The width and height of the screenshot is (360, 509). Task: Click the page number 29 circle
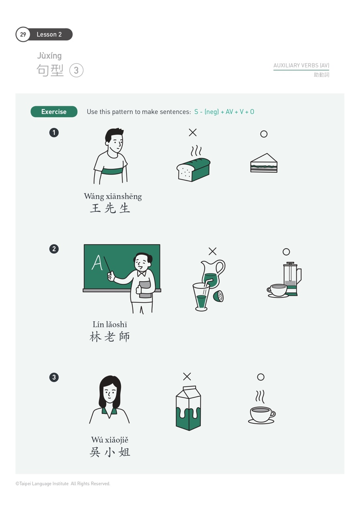[23, 34]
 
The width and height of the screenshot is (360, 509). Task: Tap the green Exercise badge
[54, 112]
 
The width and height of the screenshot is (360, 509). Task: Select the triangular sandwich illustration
[264, 164]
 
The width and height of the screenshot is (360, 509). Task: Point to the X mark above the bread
[193, 132]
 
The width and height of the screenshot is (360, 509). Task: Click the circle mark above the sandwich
[264, 134]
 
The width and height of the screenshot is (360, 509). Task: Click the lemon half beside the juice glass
[218, 296]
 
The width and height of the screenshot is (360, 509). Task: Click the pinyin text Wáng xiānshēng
[113, 196]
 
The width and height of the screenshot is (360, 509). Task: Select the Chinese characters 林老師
[110, 337]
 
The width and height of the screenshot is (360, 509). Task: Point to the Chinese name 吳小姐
[110, 452]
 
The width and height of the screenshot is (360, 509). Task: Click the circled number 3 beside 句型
[76, 71]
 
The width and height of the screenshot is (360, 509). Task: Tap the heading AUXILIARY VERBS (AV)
[301, 65]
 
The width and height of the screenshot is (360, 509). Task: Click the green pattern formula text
[224, 112]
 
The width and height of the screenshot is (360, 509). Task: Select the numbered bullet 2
[54, 249]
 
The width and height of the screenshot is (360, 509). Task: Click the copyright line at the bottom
[63, 484]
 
